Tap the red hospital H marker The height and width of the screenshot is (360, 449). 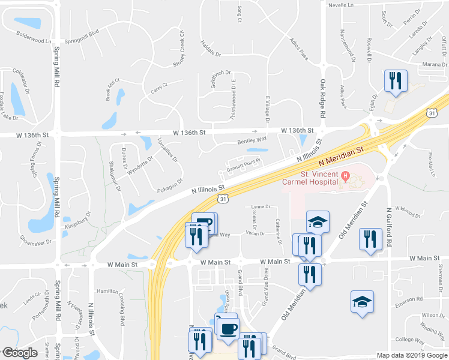tap(345, 175)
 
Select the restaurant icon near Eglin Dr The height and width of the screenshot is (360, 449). tap(395, 80)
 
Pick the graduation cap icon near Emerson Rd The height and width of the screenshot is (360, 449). tap(363, 301)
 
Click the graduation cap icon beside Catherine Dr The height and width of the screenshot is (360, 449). tap(318, 222)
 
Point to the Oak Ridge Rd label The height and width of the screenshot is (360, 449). tap(323, 98)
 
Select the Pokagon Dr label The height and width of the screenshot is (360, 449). tap(172, 183)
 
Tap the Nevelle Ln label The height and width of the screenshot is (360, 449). tap(342, 4)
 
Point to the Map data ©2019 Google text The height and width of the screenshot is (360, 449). tap(411, 355)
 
